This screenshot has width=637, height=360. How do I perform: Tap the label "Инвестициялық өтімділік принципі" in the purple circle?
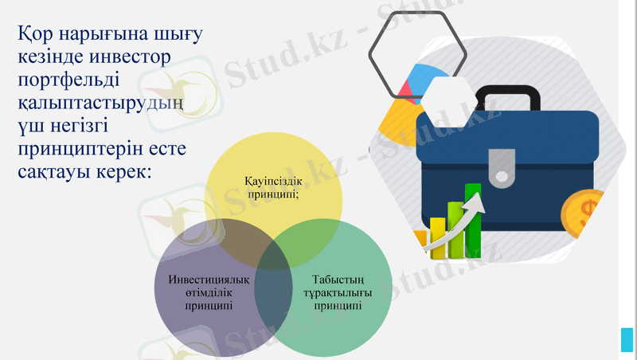(x=209, y=292)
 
